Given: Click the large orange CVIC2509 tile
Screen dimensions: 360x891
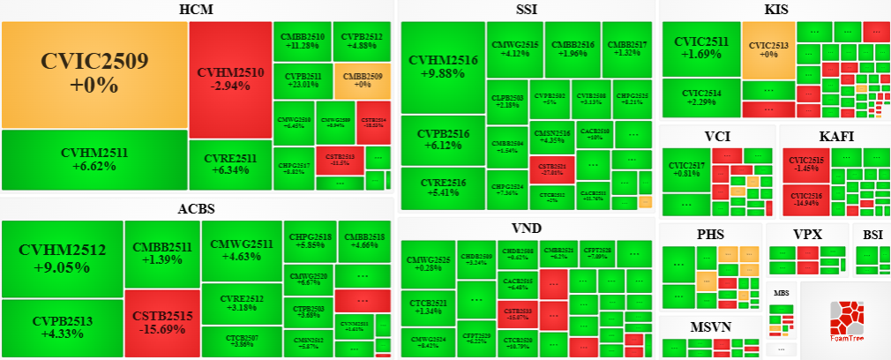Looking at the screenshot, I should [x=94, y=74].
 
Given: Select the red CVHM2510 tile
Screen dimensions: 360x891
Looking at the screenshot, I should [x=230, y=78].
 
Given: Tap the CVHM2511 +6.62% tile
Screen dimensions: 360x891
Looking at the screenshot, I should [x=94, y=159].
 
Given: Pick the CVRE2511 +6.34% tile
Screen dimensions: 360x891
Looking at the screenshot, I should [x=230, y=165].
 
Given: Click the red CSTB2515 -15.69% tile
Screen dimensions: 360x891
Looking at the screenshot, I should [x=161, y=322].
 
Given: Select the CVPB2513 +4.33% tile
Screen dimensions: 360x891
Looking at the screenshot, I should [x=62, y=326].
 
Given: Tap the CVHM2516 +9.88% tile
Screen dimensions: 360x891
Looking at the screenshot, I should [x=443, y=67].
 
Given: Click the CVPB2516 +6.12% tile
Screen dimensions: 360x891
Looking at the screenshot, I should [x=443, y=139].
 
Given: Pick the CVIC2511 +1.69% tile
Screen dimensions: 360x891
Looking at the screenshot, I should [x=701, y=49].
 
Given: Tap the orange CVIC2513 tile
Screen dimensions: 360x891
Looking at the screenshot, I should [x=768, y=49].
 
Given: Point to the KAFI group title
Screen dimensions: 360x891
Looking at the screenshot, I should [x=835, y=136].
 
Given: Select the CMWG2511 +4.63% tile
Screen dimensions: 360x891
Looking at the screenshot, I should [x=241, y=250].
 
